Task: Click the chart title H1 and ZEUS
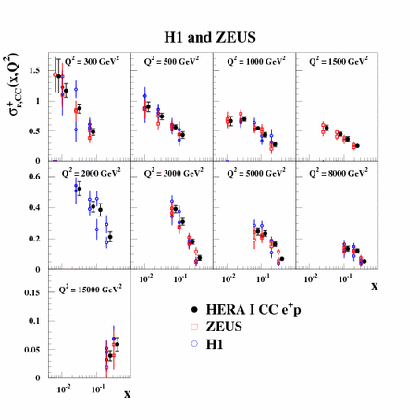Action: (210, 37)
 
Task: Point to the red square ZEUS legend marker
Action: (193, 326)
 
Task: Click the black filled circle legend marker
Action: (193, 308)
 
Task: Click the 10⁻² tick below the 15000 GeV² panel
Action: (63, 389)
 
